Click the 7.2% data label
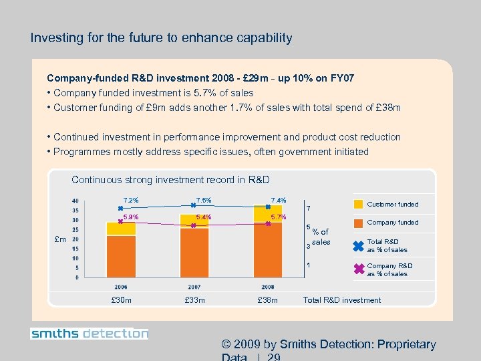coord(131,200)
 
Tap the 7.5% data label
coord(204,200)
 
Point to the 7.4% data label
coord(279,200)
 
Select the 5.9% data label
coord(131,217)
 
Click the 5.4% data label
coord(204,217)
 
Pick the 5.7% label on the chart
coord(279,217)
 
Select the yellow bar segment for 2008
coord(267,215)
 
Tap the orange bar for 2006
coord(121,256)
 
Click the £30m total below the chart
coord(121,300)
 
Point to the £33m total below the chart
coord(194,300)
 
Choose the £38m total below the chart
coord(267,300)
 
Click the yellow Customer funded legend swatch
coord(357,204)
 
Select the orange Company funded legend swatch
coord(357,222)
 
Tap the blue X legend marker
coord(357,245)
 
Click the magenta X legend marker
coord(357,269)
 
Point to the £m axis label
coord(60,239)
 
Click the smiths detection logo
coord(89,334)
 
